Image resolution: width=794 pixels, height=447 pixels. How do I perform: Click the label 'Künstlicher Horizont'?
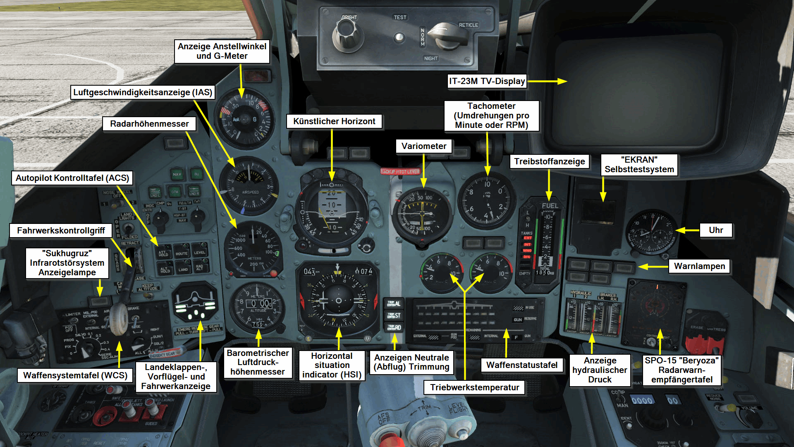click(334, 121)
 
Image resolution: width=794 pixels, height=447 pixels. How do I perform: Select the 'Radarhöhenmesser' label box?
click(149, 124)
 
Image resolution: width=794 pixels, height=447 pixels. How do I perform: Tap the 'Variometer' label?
click(423, 146)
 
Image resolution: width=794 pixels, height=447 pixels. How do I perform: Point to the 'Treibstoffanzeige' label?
click(549, 161)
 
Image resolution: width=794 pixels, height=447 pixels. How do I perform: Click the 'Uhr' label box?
click(716, 230)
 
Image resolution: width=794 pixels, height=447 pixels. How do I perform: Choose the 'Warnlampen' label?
click(699, 266)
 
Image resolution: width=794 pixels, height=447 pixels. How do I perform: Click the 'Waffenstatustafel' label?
click(521, 365)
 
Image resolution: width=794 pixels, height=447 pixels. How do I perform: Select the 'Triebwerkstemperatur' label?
click(474, 387)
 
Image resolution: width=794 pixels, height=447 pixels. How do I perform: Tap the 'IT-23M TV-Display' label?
click(487, 81)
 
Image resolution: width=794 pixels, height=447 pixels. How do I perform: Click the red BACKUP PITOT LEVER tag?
click(400, 171)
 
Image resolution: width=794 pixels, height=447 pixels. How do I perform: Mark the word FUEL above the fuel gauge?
click(550, 206)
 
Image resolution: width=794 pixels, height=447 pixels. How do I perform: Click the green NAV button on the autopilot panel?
click(177, 174)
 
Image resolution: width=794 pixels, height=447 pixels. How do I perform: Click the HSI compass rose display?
click(338, 300)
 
